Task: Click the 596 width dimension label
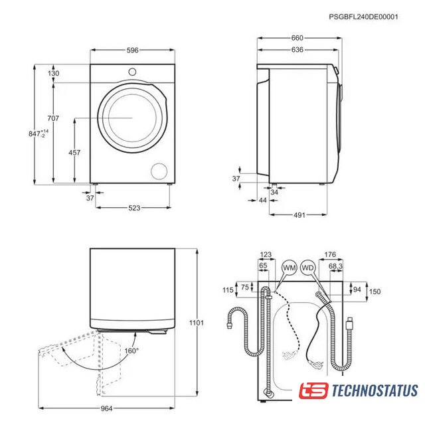[133, 50]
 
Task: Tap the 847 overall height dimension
[39, 133]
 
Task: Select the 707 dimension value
[53, 118]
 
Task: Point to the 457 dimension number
[74, 153]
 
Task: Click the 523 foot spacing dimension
[134, 208]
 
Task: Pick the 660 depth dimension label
[297, 38]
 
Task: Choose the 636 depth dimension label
[297, 50]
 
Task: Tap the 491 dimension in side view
[299, 215]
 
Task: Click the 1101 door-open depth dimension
[197, 323]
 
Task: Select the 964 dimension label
[106, 408]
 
